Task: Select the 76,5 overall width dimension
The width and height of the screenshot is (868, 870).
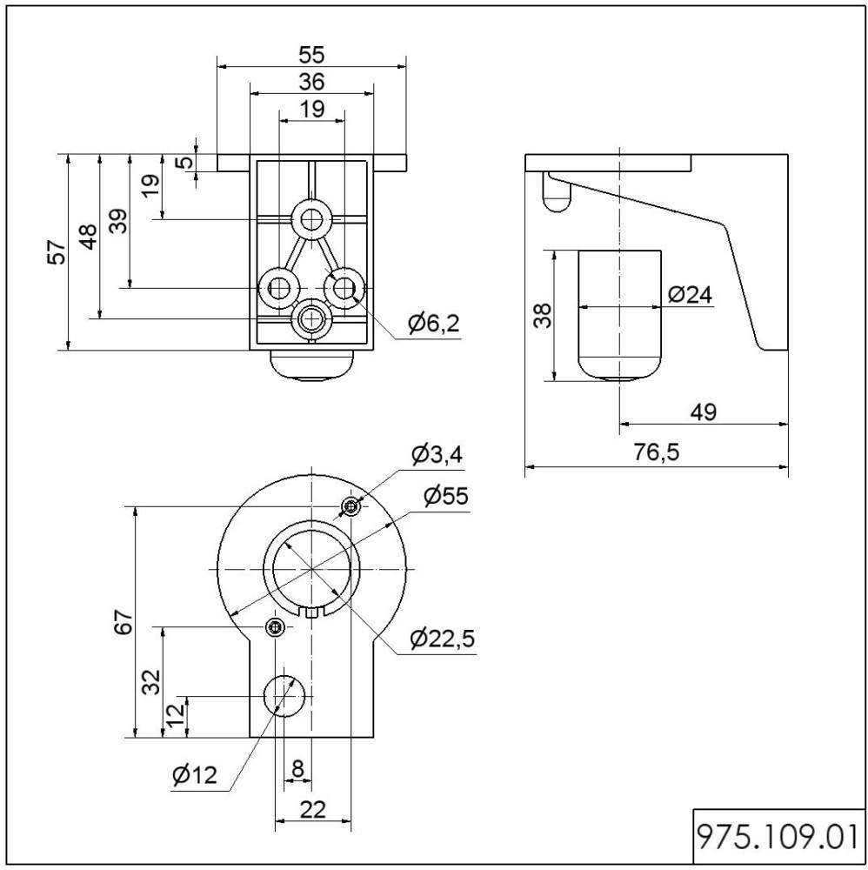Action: (x=658, y=452)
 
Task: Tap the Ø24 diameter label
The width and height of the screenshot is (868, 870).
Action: (x=691, y=295)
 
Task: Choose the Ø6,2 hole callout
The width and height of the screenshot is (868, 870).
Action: (x=432, y=325)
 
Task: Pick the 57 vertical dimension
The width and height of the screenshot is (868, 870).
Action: (x=57, y=252)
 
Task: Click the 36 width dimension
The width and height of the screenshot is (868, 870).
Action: (x=311, y=82)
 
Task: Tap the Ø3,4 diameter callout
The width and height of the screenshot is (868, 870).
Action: (x=437, y=454)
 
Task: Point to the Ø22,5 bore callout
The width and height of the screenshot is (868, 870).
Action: (x=442, y=639)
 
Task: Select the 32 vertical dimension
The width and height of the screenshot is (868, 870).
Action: (x=150, y=681)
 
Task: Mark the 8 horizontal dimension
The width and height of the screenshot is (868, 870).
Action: (x=297, y=768)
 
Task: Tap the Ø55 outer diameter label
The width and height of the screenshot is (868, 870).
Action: (x=445, y=496)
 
